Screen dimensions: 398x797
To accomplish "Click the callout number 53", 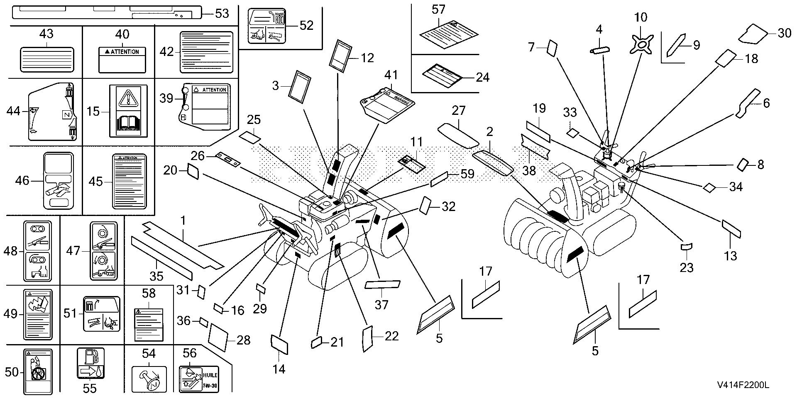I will click(x=222, y=14).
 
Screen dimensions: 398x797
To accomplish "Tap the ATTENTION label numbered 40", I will click(x=122, y=60).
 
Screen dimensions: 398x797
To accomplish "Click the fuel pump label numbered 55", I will click(x=90, y=364).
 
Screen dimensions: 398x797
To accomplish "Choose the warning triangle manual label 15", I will click(x=128, y=111).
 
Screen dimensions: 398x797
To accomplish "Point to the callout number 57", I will click(x=438, y=10).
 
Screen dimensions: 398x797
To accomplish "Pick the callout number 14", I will click(x=279, y=369).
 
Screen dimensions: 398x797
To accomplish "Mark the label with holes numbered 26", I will click(x=228, y=160).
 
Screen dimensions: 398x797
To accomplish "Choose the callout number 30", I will click(x=784, y=33).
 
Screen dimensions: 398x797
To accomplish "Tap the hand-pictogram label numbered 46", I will click(x=58, y=181).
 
